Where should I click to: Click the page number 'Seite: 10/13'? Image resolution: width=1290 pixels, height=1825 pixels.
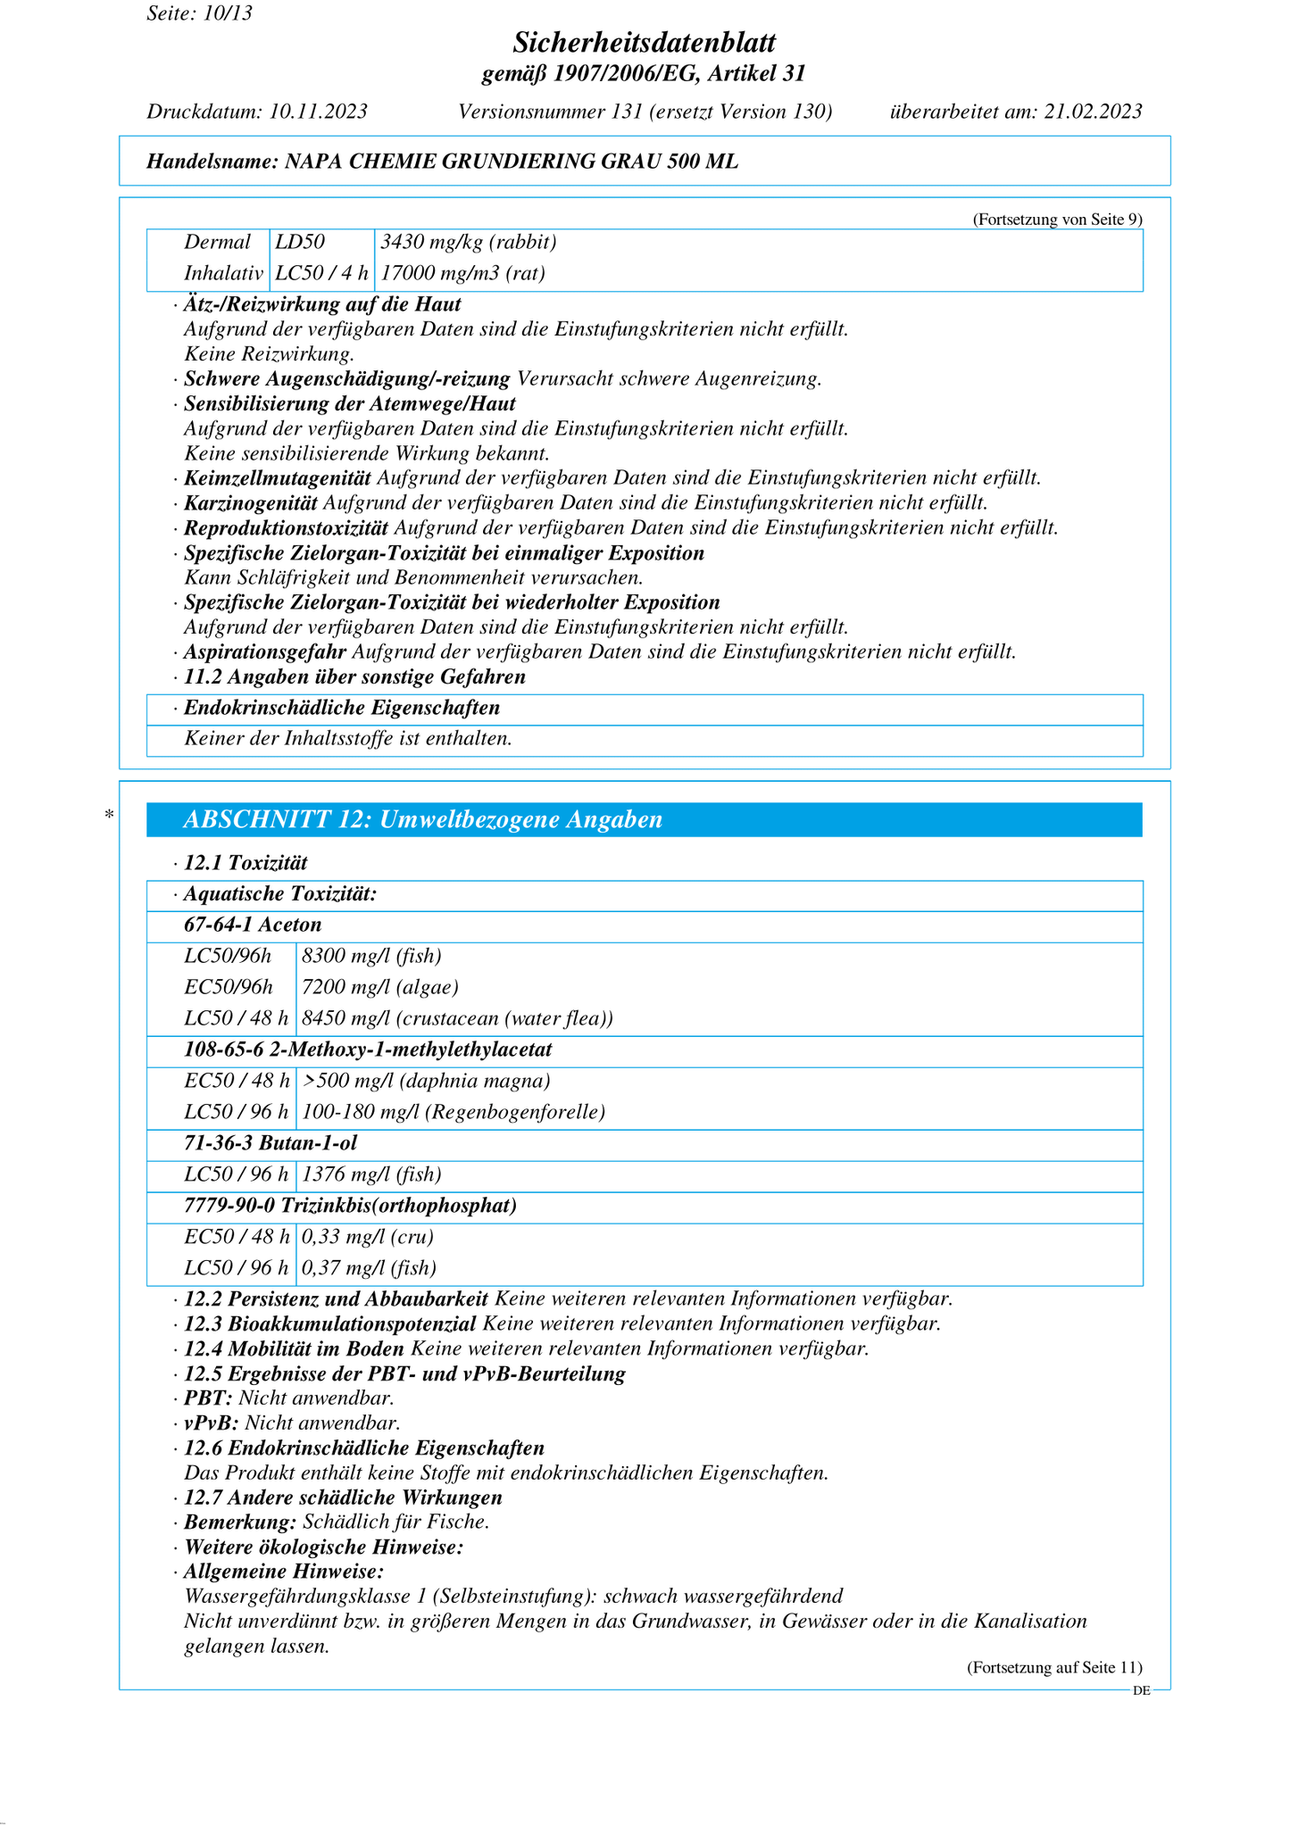click(x=199, y=13)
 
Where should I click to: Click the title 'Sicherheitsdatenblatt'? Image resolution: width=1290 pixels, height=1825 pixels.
click(x=644, y=42)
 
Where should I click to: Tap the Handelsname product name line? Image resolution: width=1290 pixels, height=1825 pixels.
click(x=442, y=162)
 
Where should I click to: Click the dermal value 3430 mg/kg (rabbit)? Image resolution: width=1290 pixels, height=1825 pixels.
click(x=469, y=243)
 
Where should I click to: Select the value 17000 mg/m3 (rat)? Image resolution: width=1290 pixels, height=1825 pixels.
click(x=463, y=273)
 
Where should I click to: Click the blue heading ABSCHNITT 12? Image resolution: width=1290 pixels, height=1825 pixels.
click(x=422, y=820)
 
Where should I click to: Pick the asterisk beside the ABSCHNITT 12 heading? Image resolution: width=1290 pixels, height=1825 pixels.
click(x=109, y=815)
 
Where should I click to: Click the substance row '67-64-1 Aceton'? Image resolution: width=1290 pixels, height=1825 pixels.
click(x=253, y=925)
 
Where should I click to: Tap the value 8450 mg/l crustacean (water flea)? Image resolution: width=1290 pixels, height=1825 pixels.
click(x=457, y=1018)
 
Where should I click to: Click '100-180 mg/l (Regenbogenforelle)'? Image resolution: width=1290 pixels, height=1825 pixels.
click(x=454, y=1112)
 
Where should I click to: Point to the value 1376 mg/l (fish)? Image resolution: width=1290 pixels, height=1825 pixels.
click(x=371, y=1174)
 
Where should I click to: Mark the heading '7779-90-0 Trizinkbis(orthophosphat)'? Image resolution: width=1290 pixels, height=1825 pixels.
click(x=350, y=1206)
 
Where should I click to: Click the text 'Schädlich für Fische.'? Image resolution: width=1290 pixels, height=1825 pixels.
click(x=395, y=1522)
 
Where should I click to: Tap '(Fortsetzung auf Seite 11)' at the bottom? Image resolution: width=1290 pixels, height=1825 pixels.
click(x=1054, y=1667)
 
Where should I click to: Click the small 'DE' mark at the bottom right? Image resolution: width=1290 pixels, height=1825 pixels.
click(x=1141, y=1690)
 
